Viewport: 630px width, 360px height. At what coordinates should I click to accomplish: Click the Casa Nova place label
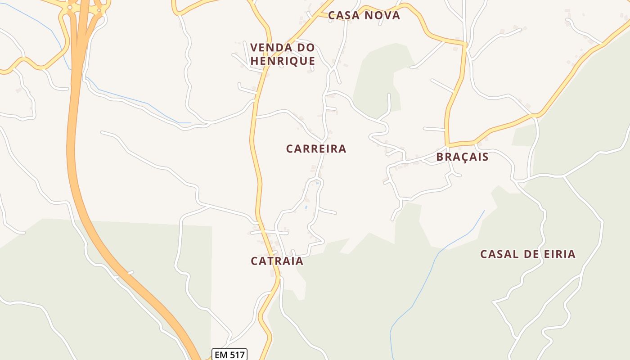pos(364,15)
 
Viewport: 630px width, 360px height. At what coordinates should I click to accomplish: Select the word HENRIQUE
pos(283,61)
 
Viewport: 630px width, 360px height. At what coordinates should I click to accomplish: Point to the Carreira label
pos(316,149)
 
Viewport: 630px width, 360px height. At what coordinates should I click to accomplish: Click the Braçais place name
pos(462,157)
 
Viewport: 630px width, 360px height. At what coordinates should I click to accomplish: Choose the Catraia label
pos(277,261)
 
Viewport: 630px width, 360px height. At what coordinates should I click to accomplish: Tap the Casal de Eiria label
pos(527,254)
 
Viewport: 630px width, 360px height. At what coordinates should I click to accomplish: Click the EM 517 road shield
pos(229,355)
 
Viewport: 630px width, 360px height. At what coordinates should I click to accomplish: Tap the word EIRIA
pos(558,254)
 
